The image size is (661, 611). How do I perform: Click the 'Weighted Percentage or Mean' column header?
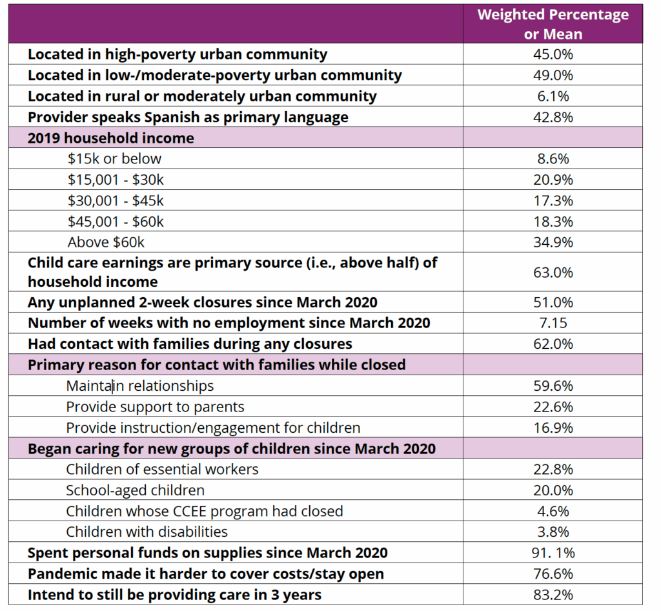tap(553, 24)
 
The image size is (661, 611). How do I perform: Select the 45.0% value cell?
tap(553, 54)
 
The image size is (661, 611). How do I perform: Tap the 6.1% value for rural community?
tap(553, 96)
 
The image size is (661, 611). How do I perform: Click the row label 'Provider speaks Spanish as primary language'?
tap(188, 117)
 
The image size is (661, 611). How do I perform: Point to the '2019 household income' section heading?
tap(110, 138)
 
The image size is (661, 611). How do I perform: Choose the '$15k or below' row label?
tap(114, 159)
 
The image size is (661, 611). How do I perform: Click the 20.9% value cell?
tap(553, 180)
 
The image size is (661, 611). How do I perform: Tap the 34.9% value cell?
tap(553, 242)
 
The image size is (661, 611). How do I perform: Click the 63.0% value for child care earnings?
tap(553, 273)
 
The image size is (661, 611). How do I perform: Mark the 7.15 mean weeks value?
tap(553, 323)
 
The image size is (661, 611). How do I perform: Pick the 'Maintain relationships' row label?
tap(139, 386)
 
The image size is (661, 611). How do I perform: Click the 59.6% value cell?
tap(553, 386)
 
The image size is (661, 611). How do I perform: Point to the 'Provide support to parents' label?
tap(155, 407)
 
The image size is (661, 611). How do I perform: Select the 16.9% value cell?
tap(553, 428)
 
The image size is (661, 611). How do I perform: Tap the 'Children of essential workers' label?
tap(162, 470)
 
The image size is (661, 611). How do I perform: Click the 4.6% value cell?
tap(553, 511)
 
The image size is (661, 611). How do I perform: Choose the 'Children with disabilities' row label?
tap(147, 532)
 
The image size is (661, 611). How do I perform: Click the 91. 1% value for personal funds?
tap(553, 553)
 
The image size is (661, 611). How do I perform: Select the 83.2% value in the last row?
tap(553, 594)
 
